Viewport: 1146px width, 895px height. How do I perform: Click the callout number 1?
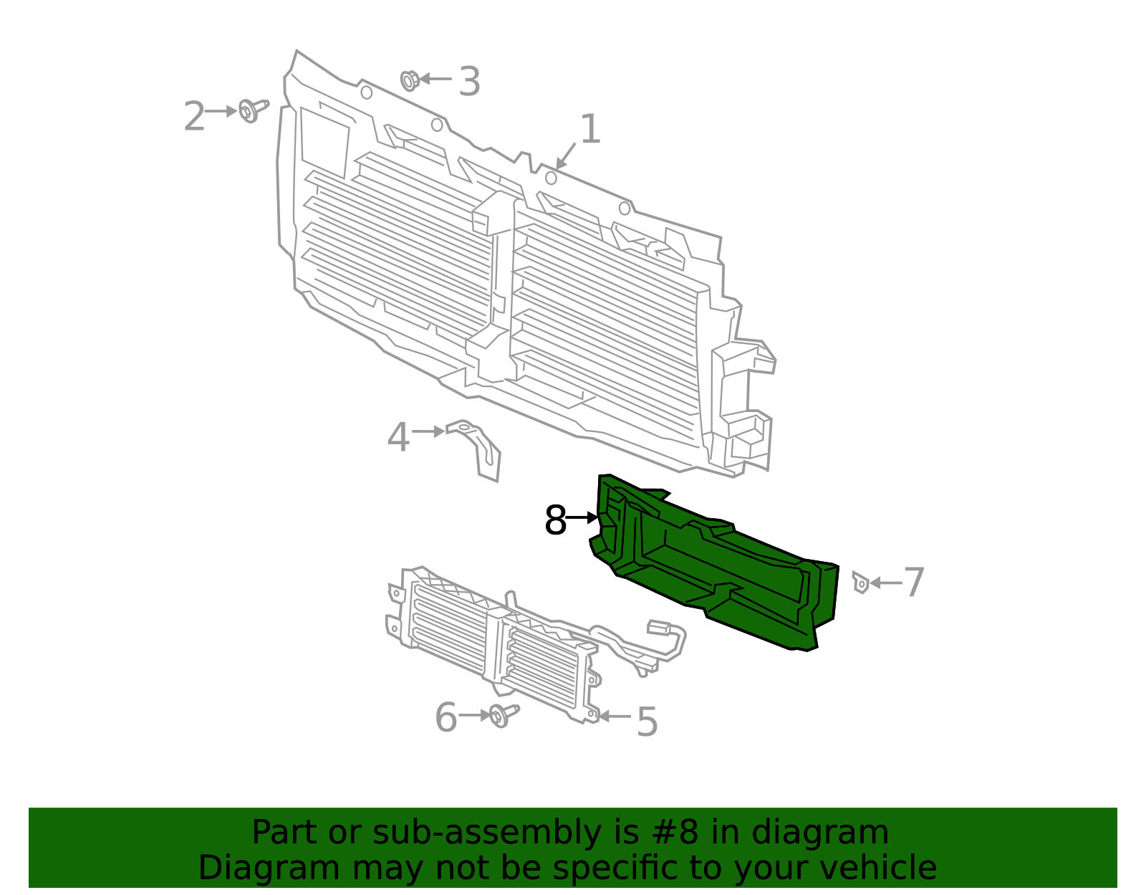(x=589, y=130)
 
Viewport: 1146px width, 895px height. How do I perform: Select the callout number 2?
(x=194, y=117)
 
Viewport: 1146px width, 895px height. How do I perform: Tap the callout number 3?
(x=469, y=82)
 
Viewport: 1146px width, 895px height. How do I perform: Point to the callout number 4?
(x=398, y=437)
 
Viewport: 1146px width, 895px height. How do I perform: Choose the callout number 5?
(x=647, y=722)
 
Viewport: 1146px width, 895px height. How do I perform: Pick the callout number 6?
(x=446, y=718)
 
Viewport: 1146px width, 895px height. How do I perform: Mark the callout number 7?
(x=914, y=582)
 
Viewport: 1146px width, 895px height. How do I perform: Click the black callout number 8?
(x=555, y=520)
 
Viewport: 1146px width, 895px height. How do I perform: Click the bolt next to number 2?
(x=251, y=110)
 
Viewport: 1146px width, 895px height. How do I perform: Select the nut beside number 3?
(x=410, y=80)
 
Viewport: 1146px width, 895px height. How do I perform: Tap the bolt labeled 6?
(x=504, y=714)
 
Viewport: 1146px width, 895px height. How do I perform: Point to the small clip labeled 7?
(x=860, y=582)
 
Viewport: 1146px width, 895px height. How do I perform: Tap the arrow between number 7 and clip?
(x=885, y=583)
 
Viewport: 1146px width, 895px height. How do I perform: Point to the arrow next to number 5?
(x=615, y=716)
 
